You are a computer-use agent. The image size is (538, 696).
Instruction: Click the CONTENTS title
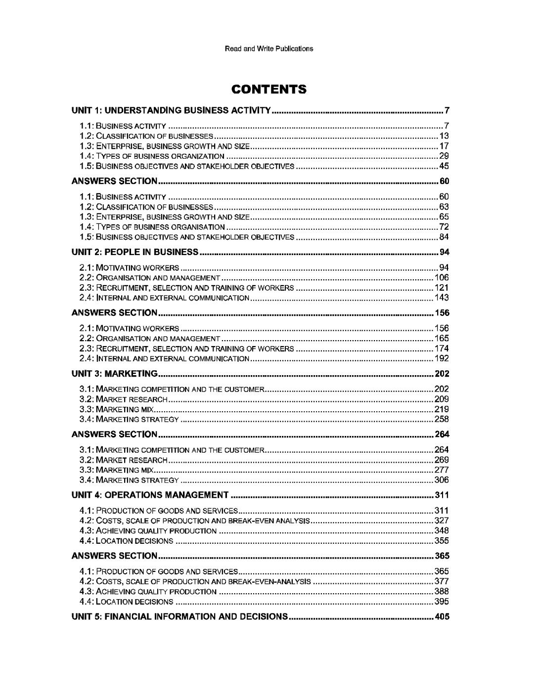click(269, 89)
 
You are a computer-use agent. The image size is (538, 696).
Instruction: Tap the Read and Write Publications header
click(269, 48)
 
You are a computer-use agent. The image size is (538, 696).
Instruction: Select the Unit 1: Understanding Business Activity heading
click(171, 110)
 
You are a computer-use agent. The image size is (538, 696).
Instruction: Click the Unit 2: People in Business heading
click(135, 252)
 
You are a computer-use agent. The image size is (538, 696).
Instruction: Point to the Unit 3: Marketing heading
click(115, 373)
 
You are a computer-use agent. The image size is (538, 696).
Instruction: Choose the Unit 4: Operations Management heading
click(150, 495)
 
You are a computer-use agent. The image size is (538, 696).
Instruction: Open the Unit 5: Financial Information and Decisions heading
click(179, 616)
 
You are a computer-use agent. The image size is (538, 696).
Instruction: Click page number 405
click(442, 616)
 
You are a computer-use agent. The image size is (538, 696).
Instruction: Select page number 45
click(444, 166)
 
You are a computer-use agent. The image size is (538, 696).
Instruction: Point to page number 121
click(442, 288)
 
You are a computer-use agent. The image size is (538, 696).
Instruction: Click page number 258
click(442, 419)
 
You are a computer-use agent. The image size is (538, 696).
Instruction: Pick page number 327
click(442, 521)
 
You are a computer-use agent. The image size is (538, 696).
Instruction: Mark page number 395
click(442, 602)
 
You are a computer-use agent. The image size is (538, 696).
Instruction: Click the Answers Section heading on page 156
click(115, 312)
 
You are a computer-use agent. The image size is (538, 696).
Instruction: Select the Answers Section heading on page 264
click(115, 434)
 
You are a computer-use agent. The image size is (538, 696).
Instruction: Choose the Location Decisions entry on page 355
click(127, 541)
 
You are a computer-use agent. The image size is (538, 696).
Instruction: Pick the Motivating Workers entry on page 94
click(130, 267)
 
